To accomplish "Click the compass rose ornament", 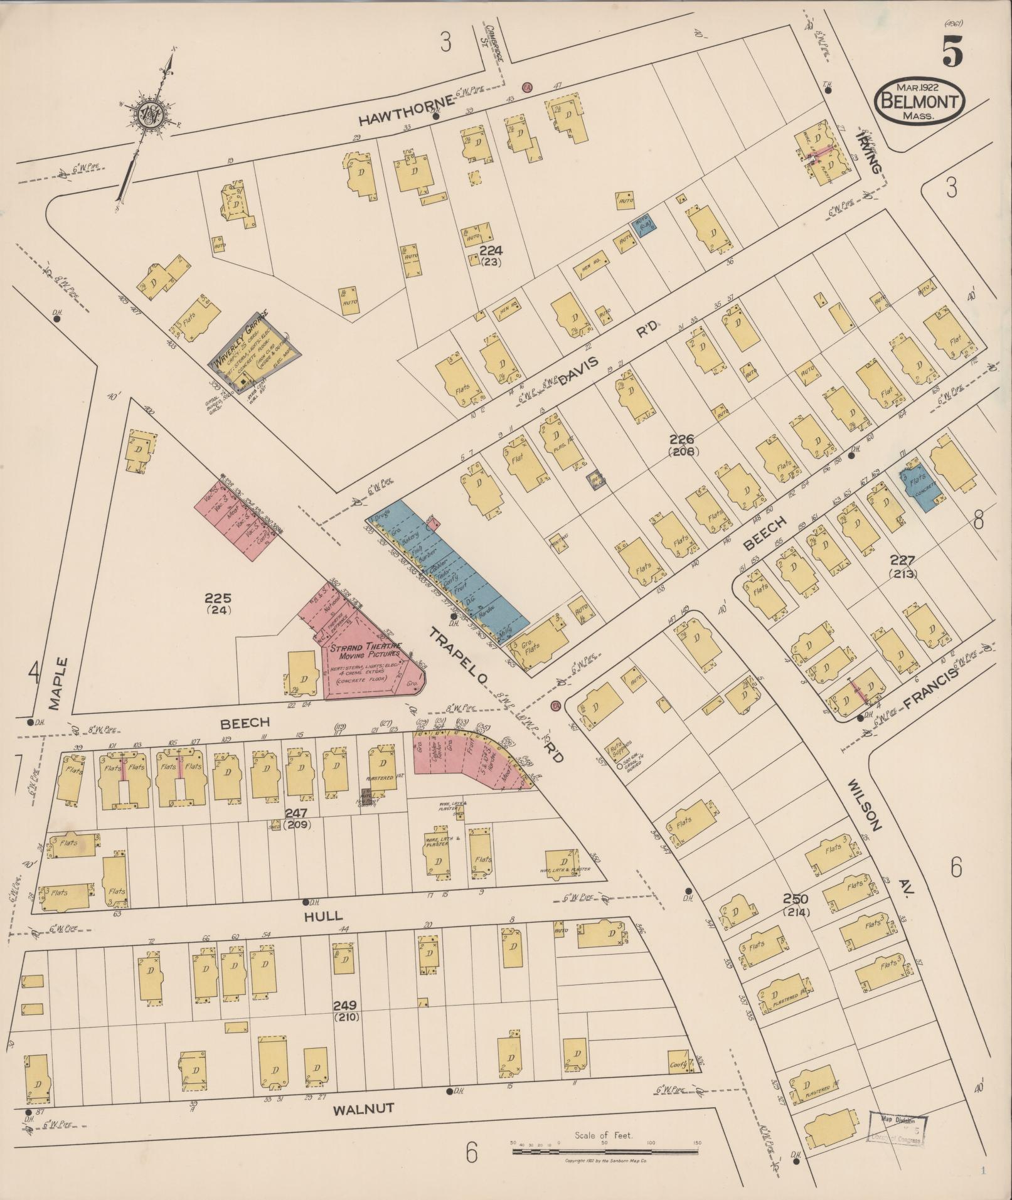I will (x=151, y=115).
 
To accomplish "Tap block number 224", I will (x=491, y=251).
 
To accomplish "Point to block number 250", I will (x=796, y=899).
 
